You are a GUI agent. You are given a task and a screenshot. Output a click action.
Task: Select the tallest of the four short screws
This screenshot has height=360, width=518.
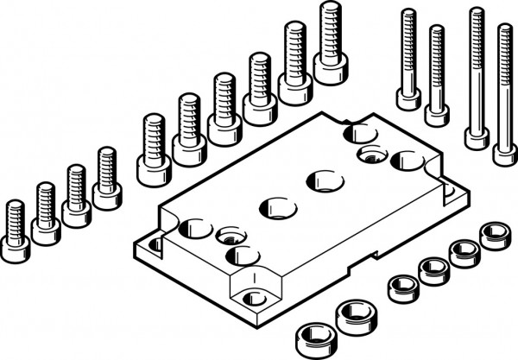107,180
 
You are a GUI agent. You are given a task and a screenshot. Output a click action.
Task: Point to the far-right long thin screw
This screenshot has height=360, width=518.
505,95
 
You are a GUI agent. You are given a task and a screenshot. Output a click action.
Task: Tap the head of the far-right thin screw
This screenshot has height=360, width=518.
505,153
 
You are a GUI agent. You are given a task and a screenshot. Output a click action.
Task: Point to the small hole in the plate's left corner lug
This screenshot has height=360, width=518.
155,245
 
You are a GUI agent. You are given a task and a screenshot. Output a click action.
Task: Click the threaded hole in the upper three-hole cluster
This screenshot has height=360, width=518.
373,155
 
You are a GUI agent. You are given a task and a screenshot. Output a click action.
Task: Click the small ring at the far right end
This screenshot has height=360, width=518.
496,235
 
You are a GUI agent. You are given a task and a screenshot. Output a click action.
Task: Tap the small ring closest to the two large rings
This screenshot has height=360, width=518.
402,287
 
